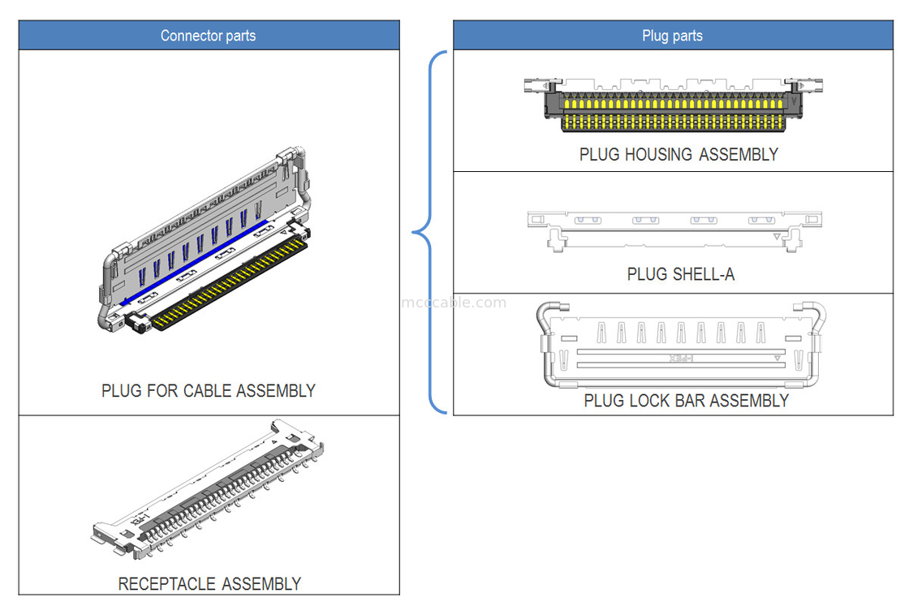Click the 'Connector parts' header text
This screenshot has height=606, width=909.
pos(208,36)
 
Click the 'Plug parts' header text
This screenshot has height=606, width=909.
pos(672,36)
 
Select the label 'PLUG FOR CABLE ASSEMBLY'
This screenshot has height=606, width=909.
pos(208,391)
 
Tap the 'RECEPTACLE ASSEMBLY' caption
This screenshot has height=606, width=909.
pos(209,584)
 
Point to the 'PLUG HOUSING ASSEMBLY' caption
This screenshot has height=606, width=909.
pos(679,154)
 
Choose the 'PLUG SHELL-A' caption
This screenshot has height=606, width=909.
pos(680,274)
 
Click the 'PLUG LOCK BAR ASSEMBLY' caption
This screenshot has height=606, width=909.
pos(686,401)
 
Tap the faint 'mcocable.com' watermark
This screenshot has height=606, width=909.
pos(454,303)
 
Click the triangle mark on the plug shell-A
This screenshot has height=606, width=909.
pos(778,236)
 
